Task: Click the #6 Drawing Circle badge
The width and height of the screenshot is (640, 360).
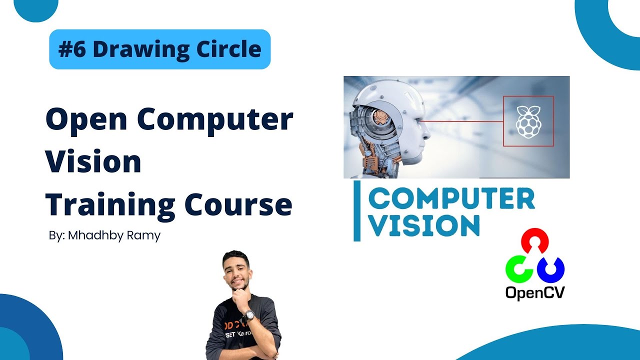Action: tap(159, 49)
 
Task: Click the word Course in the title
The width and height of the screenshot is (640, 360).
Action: tap(238, 205)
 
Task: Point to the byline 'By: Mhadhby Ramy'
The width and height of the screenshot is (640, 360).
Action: tap(104, 235)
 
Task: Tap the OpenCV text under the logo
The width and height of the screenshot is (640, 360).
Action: tap(534, 292)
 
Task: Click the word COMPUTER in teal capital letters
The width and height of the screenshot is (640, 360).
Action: tap(451, 199)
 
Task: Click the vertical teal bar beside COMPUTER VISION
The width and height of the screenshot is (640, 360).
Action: tap(357, 211)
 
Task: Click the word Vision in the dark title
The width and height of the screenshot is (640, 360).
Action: tap(93, 162)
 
